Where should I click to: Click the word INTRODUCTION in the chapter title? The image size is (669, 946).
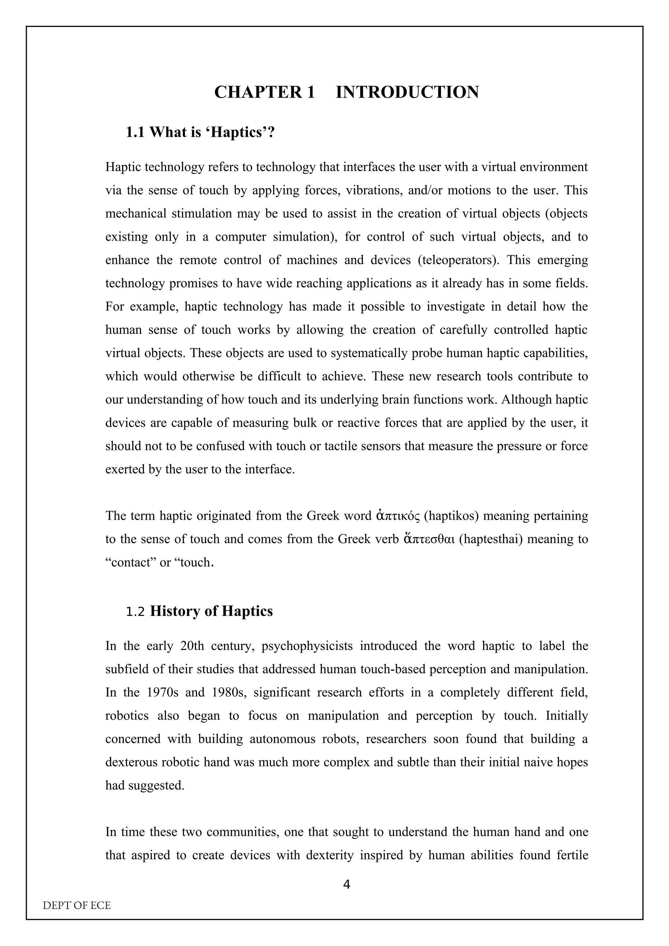[407, 92]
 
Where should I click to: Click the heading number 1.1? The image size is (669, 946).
[135, 132]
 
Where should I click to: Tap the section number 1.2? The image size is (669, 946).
[135, 611]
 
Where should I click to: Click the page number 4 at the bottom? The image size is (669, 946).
[347, 885]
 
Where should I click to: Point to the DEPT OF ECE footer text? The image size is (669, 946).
[77, 905]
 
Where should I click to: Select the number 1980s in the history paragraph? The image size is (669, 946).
[229, 692]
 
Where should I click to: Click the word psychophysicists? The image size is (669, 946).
[307, 646]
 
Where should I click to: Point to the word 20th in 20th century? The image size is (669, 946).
[192, 646]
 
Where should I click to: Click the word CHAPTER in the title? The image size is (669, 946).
[258, 92]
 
